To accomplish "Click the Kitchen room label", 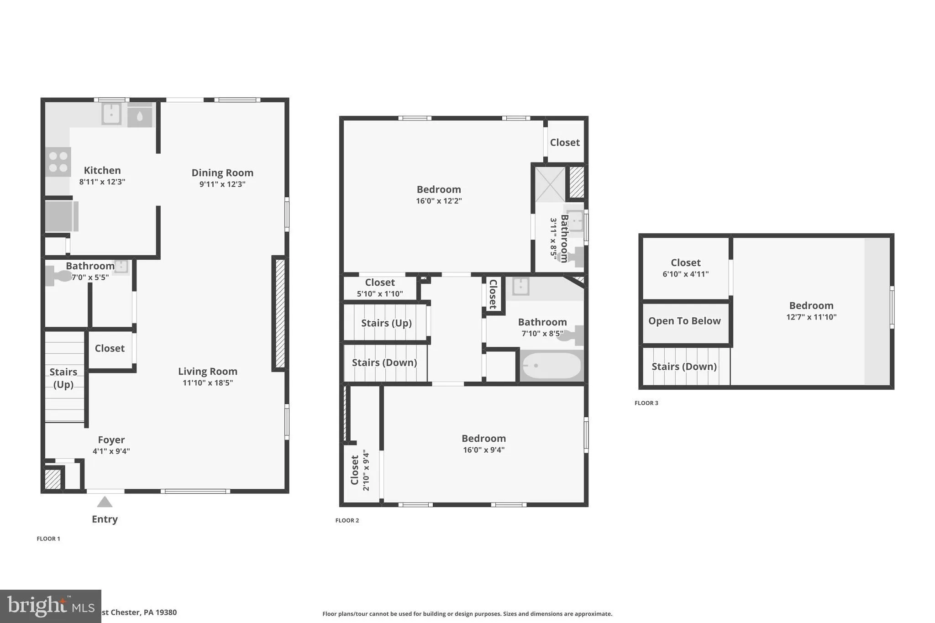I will coord(102,171).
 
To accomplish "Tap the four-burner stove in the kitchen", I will coord(58,162).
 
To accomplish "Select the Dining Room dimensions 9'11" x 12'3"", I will coord(222,184).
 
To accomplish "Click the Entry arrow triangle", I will coord(105,502).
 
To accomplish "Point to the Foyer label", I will coord(111,440).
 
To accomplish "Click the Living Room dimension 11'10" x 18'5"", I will coord(208,383).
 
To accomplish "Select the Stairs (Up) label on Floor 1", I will coord(63,378).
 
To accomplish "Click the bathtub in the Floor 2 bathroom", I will coord(552,366).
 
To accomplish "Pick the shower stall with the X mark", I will coord(550,184).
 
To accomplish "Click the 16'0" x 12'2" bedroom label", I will coord(439,189).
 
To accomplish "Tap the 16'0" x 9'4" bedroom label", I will coord(483,439).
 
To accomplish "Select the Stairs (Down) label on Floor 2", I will coord(384,362).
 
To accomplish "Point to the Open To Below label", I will coord(684,321).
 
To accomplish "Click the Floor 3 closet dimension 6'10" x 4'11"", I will coord(686,274).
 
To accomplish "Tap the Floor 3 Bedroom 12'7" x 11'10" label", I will coord(811,306).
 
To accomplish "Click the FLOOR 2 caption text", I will coord(347,520).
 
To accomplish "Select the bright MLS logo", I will coord(50,606).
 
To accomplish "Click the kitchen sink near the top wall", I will coord(111,114).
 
